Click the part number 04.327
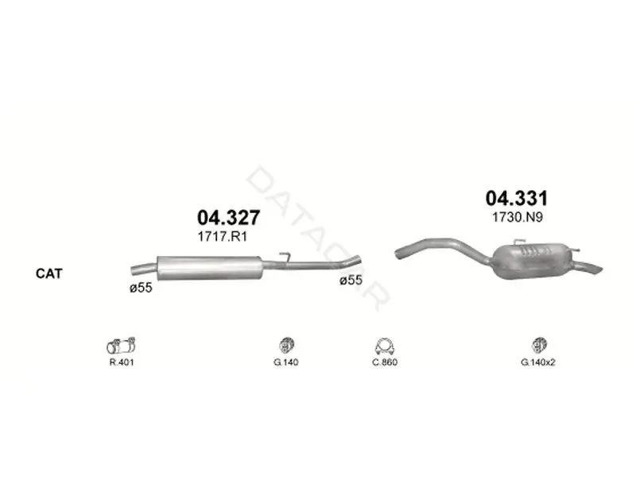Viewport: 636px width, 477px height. tap(228, 218)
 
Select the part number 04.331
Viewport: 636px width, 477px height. tap(517, 198)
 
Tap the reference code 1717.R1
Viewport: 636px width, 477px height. tap(223, 236)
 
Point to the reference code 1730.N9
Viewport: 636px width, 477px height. tap(518, 217)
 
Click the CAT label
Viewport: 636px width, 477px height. tap(49, 273)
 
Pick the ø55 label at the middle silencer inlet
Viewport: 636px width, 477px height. tap(141, 288)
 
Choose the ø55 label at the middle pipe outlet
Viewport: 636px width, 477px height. tap(351, 280)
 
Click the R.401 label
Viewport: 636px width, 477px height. tap(122, 363)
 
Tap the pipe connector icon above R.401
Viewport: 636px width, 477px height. tap(121, 346)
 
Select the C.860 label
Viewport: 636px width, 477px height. tap(385, 363)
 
